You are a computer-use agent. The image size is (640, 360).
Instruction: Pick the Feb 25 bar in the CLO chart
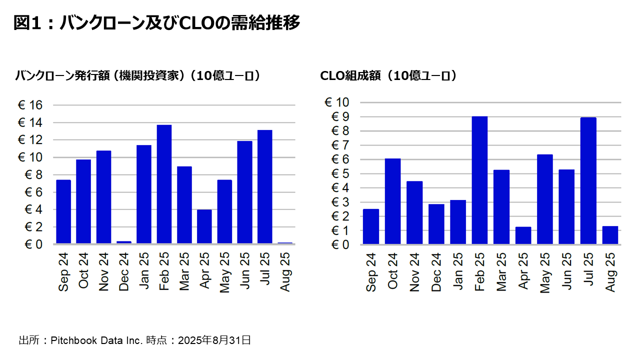[479, 180]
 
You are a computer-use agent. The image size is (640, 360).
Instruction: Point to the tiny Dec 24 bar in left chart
[124, 242]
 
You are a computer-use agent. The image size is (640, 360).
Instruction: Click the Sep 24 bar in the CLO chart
[371, 226]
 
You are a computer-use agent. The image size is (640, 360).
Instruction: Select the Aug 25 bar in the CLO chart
[610, 235]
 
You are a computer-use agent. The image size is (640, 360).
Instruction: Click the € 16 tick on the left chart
[30, 105]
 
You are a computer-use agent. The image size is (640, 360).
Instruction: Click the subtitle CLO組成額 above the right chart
[350, 76]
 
